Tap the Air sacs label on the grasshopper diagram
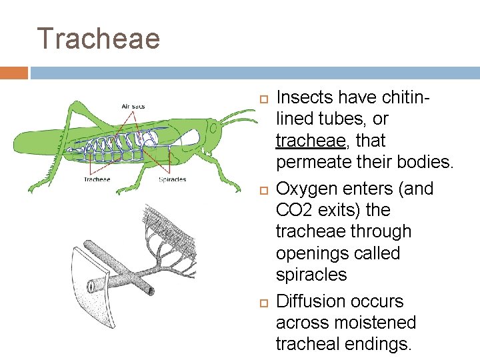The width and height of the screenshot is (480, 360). point(134,106)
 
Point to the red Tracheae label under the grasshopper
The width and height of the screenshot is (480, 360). point(97,179)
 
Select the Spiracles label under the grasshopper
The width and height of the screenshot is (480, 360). point(172,179)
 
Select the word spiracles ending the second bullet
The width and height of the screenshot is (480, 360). point(311,275)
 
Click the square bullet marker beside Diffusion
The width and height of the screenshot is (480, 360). point(263,303)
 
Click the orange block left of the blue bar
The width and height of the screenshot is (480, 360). point(14,73)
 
